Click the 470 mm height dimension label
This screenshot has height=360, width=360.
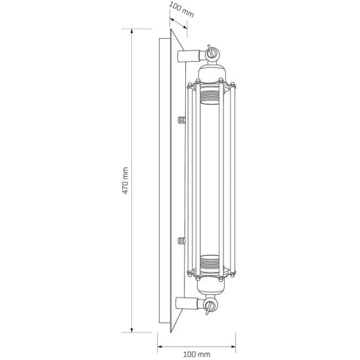125,181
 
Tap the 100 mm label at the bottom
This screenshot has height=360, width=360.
196,355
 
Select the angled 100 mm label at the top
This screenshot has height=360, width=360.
182,10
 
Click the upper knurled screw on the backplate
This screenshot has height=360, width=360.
181,120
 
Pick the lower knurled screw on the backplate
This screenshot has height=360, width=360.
181,240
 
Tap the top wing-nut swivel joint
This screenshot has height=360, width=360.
212,54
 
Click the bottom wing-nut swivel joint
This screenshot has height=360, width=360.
210,305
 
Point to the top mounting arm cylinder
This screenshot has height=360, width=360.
189,56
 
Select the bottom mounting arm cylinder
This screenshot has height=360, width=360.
187,303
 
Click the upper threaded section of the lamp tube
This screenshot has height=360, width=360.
210,97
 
